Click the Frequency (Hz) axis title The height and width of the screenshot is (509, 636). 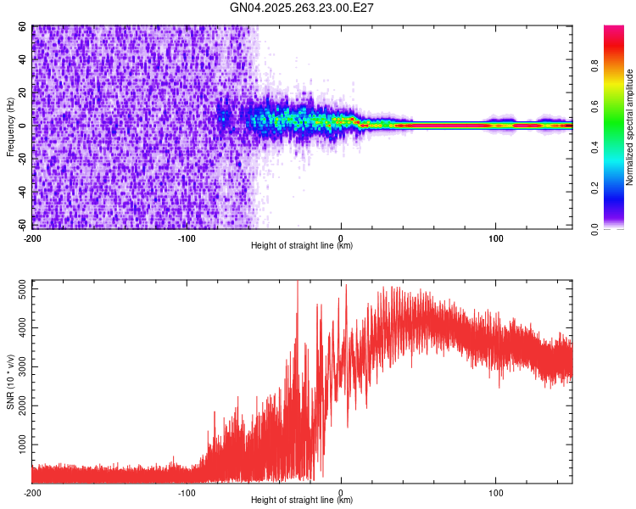[10, 127]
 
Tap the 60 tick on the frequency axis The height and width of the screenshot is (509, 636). [24, 27]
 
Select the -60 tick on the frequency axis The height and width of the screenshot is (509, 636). [22, 225]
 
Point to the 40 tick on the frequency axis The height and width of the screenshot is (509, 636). [24, 60]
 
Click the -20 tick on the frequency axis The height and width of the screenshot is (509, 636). [22, 159]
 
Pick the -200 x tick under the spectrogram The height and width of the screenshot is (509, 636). [32, 238]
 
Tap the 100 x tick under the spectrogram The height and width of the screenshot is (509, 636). [495, 238]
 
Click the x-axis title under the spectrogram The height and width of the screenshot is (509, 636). [302, 246]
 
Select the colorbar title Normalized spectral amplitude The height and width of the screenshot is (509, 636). [630, 127]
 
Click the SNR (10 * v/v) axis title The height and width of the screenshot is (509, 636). [10, 381]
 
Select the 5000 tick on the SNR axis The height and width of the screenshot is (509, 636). [17, 289]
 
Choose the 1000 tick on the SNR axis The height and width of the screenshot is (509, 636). [17, 445]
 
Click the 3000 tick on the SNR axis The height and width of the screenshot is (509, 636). [17, 367]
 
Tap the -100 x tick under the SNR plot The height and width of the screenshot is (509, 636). [187, 492]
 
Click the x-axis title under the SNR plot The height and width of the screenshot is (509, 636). [302, 501]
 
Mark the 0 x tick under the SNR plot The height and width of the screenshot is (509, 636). [341, 492]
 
